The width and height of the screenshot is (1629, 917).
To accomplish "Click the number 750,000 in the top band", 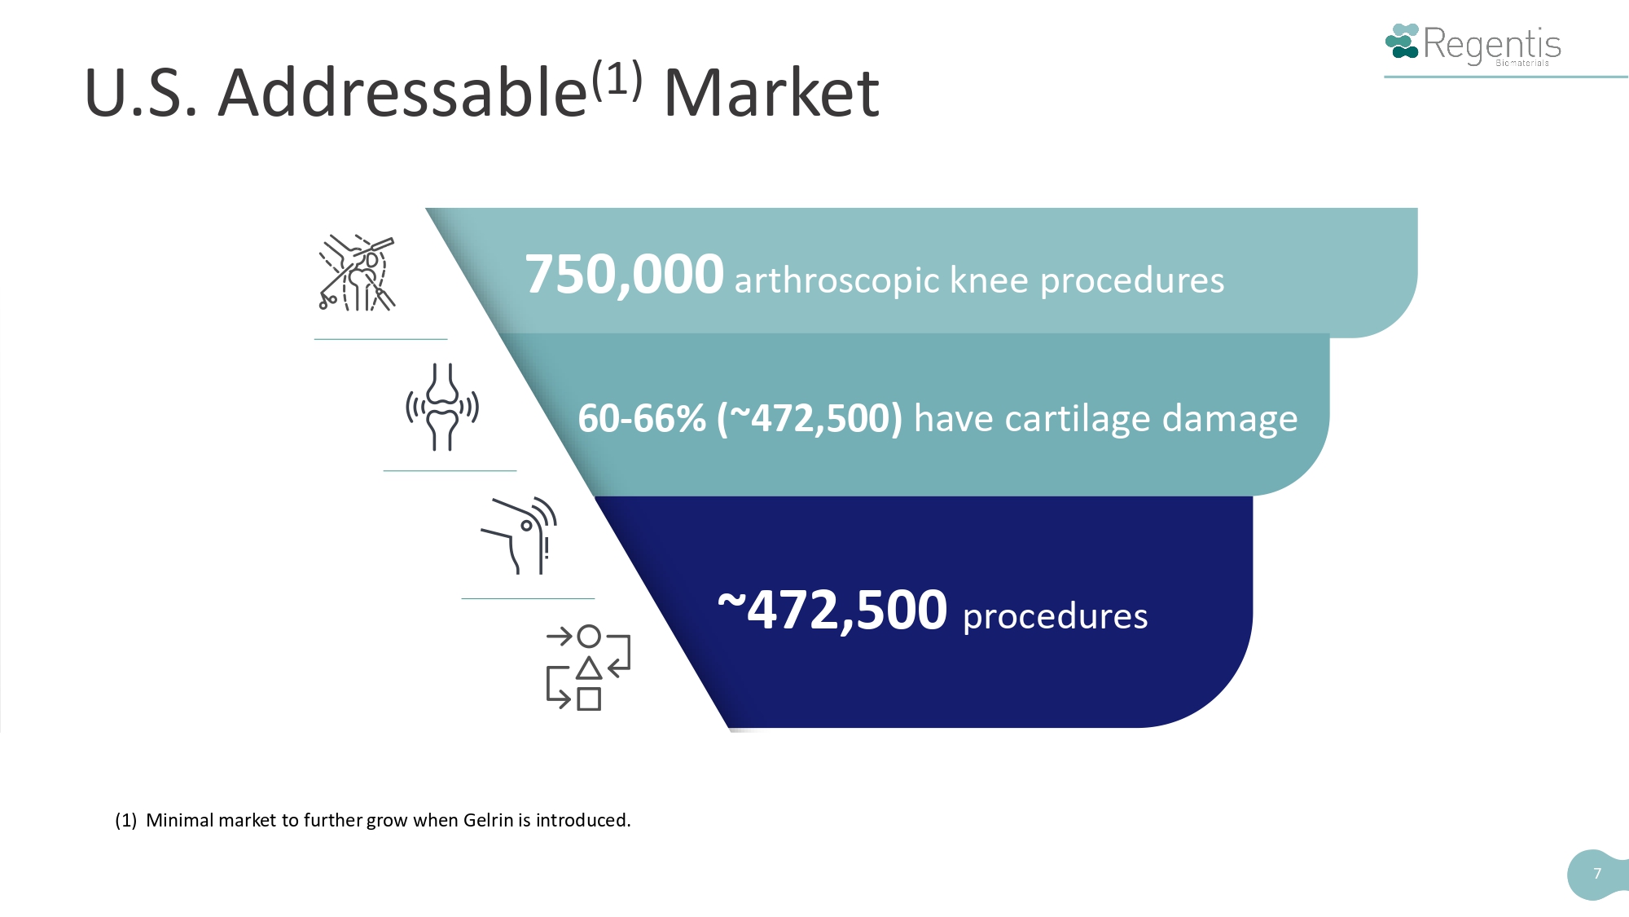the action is point(625,275).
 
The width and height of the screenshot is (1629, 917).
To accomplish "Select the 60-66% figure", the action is point(642,418).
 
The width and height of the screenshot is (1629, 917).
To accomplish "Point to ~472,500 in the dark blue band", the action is point(832,610).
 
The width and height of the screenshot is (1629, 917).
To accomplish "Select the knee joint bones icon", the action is point(442,407).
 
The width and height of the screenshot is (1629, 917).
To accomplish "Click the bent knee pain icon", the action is point(520,536).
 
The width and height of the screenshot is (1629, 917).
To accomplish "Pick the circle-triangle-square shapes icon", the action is point(588,668).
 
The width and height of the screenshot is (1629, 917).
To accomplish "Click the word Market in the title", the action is point(771,93).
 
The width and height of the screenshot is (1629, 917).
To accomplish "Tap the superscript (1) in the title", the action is point(617,79).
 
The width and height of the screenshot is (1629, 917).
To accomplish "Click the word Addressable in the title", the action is point(402,91).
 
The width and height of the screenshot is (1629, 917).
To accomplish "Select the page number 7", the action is point(1597,874).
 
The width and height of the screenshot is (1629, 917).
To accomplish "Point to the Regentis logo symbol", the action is point(1402,42).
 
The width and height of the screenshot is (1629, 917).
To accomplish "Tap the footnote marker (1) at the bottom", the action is point(125,820).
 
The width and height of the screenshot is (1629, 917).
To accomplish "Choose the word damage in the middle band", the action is point(1230,420).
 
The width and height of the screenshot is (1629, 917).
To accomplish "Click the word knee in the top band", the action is point(990,280).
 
